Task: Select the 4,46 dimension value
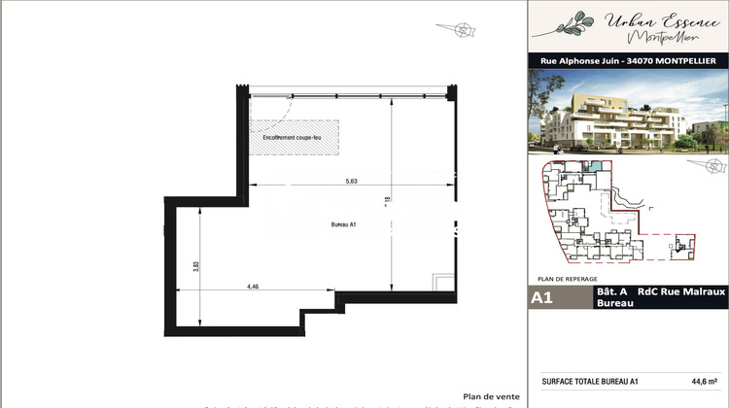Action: click(x=254, y=287)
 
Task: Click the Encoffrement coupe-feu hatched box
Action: click(x=295, y=137)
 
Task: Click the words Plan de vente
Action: click(x=492, y=395)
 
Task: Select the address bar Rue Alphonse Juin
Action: click(x=628, y=60)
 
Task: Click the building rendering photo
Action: click(x=628, y=113)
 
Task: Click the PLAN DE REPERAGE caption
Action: click(x=569, y=278)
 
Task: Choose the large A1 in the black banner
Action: click(x=542, y=298)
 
